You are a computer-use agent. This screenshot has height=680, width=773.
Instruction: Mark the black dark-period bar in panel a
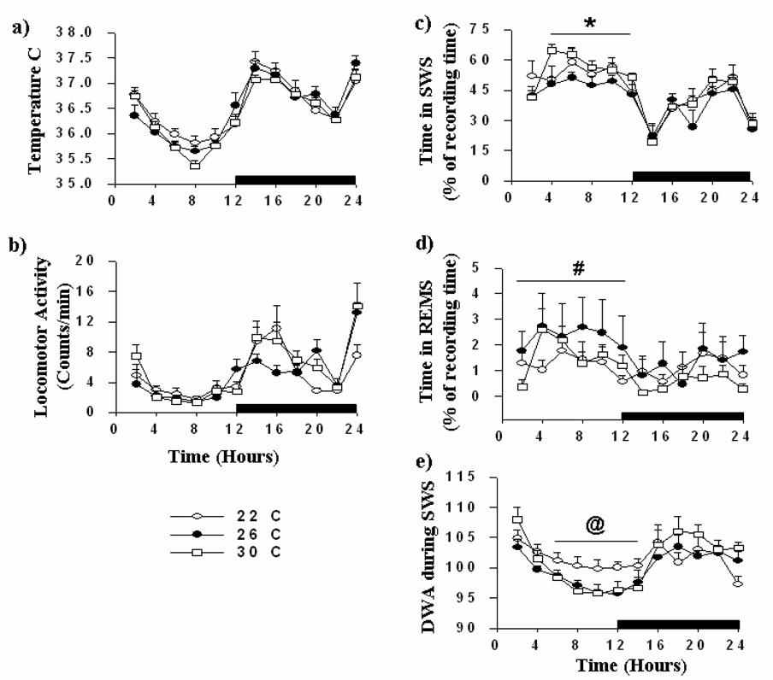click(295, 179)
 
